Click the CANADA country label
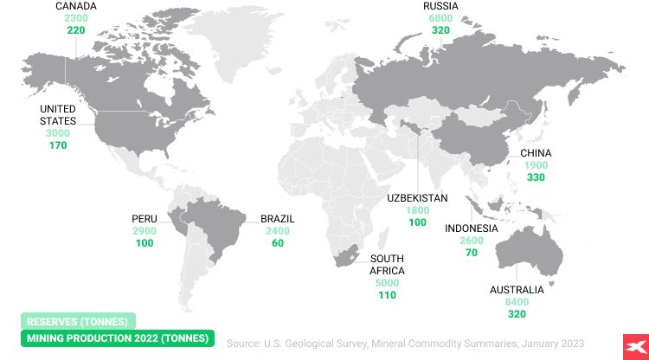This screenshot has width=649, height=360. tap(76, 6)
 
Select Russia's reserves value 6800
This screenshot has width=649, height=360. tap(441, 18)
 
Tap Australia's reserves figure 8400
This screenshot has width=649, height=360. tap(517, 302)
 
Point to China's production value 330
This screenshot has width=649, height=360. tap(536, 177)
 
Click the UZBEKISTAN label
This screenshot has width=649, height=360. tap(418, 198)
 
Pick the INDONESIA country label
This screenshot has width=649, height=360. tap(472, 228)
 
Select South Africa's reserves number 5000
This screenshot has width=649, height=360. tap(387, 283)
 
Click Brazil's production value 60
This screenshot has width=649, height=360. tap(278, 243)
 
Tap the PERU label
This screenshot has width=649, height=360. tap(144, 219)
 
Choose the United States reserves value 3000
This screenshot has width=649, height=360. tap(58, 133)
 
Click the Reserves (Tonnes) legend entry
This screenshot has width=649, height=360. tap(78, 322)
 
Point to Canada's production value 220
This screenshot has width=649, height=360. tap(76, 30)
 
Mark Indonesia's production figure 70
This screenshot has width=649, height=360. tap(472, 253)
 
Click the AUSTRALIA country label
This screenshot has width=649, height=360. tap(517, 290)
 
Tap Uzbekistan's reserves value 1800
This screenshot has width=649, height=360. tap(418, 210)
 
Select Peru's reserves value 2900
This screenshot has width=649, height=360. tap(144, 231)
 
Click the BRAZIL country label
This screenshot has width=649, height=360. tap(278, 219)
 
